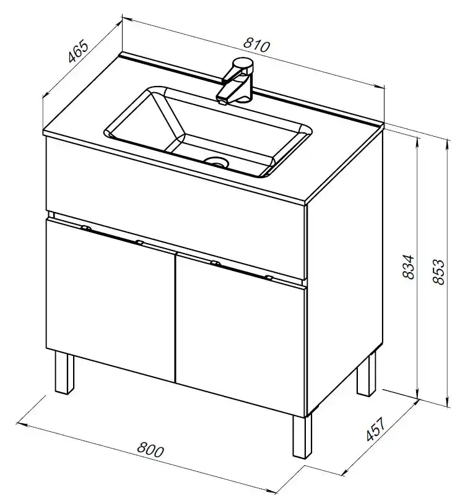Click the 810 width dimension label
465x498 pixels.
point(256,45)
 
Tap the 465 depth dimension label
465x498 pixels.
point(78,51)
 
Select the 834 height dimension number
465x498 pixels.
point(409,267)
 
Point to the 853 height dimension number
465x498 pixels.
point(438,272)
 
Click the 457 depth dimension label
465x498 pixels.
point(376,429)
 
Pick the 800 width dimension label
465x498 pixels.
point(150,449)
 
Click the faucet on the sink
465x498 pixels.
point(235,80)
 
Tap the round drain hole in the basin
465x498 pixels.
point(217,162)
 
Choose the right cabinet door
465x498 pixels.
point(241,333)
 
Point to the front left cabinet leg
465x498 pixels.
point(64,372)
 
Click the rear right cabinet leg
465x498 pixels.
point(366,375)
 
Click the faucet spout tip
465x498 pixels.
point(222,101)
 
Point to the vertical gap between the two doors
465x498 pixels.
point(175,317)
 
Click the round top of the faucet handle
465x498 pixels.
point(243,62)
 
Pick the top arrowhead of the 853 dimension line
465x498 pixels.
point(448,143)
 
